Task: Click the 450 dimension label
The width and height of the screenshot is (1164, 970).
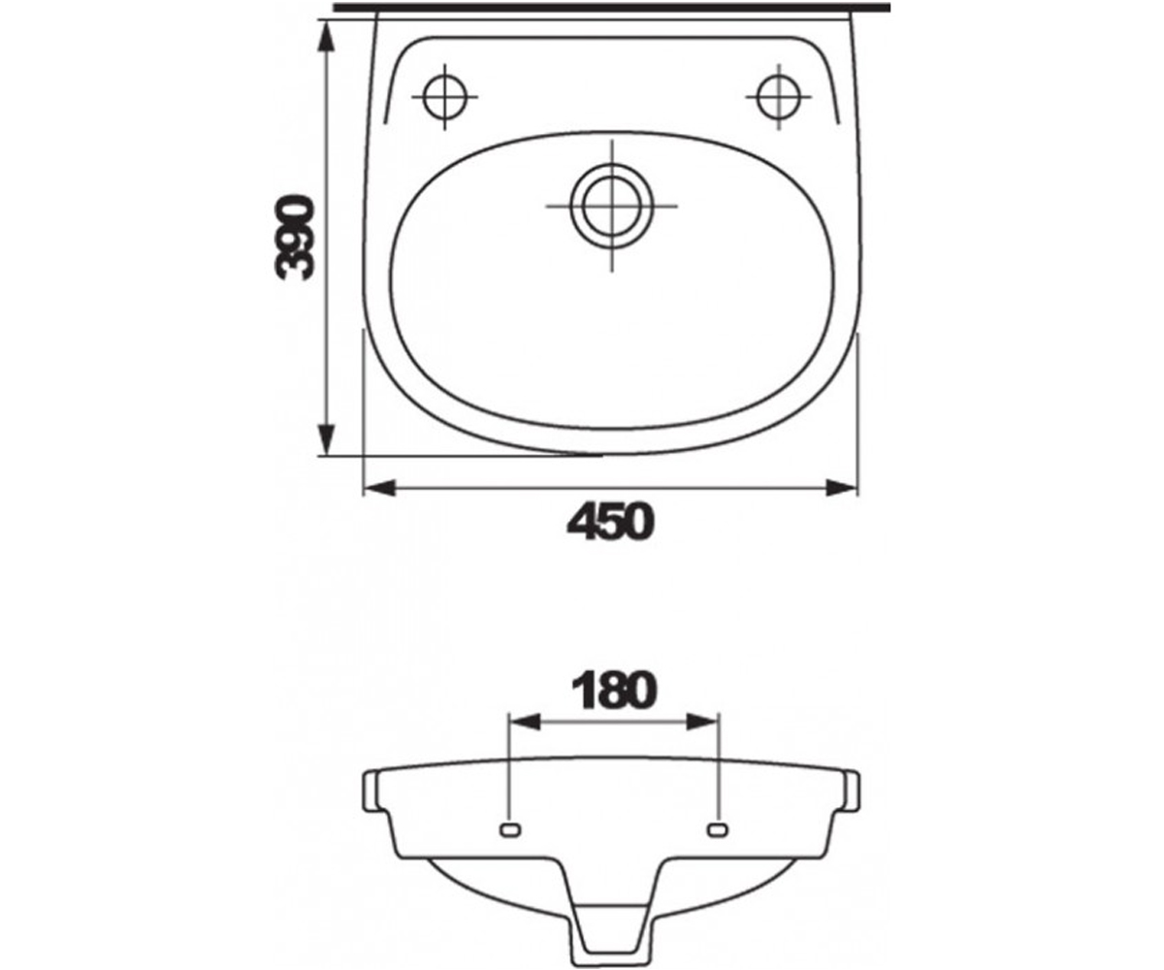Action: pos(610,522)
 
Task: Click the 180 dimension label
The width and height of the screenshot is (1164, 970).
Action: pos(614,692)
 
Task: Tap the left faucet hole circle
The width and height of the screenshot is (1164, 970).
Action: pos(444,97)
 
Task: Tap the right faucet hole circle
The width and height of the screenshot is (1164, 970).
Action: pos(779,97)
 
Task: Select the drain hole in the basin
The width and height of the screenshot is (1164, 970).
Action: pos(611,207)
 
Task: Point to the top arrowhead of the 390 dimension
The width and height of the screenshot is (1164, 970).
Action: pos(326,39)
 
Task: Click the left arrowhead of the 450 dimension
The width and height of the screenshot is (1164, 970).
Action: pos(379,488)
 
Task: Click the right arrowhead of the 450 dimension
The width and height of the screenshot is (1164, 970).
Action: pos(842,488)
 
